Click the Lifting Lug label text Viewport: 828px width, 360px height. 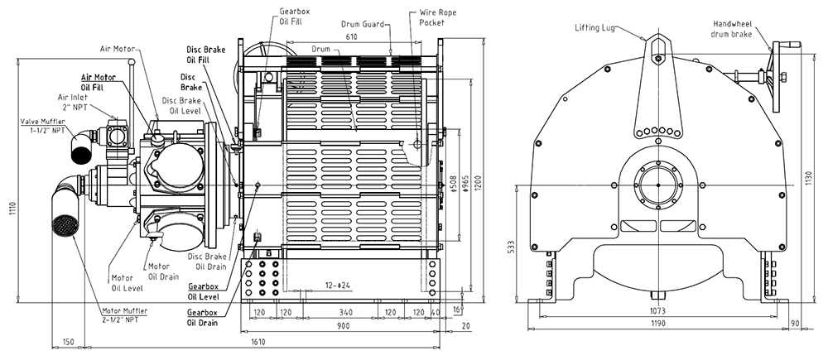[595, 27]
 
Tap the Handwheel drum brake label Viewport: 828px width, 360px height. [733, 29]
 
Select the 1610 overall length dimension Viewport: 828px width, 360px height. [258, 342]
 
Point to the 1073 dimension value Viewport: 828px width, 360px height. [658, 310]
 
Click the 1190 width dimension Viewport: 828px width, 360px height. [658, 323]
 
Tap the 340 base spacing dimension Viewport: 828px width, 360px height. [346, 313]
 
